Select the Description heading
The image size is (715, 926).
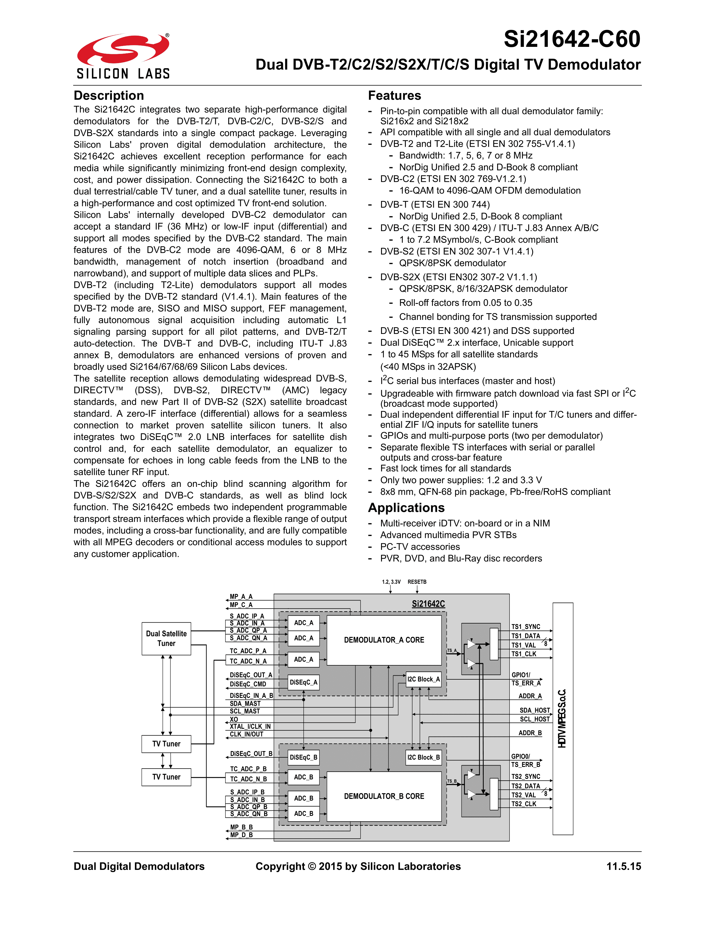coord(109,95)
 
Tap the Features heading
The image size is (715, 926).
coord(394,95)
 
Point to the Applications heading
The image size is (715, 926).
coord(406,508)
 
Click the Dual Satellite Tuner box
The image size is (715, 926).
coord(166,638)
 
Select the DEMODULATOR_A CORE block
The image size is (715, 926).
coord(384,640)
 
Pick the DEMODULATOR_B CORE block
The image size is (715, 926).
coord(384,796)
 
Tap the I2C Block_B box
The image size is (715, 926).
coord(423,757)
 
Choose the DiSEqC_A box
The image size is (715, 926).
coord(303,682)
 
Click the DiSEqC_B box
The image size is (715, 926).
coord(303,757)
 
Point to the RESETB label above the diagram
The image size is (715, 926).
coord(417,582)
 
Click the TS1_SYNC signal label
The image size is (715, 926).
coord(526,627)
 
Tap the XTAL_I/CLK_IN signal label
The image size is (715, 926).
coord(250,726)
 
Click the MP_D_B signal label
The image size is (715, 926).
coord(241,835)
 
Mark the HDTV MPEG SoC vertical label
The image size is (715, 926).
coord(562,719)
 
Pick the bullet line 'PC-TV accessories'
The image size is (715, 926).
coord(420,547)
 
